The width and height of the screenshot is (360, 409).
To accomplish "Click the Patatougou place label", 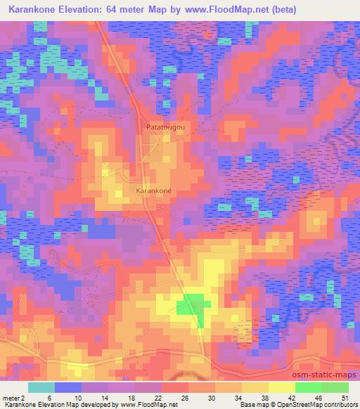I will click(165, 127).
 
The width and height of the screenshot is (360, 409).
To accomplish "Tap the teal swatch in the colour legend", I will click(41, 387).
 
